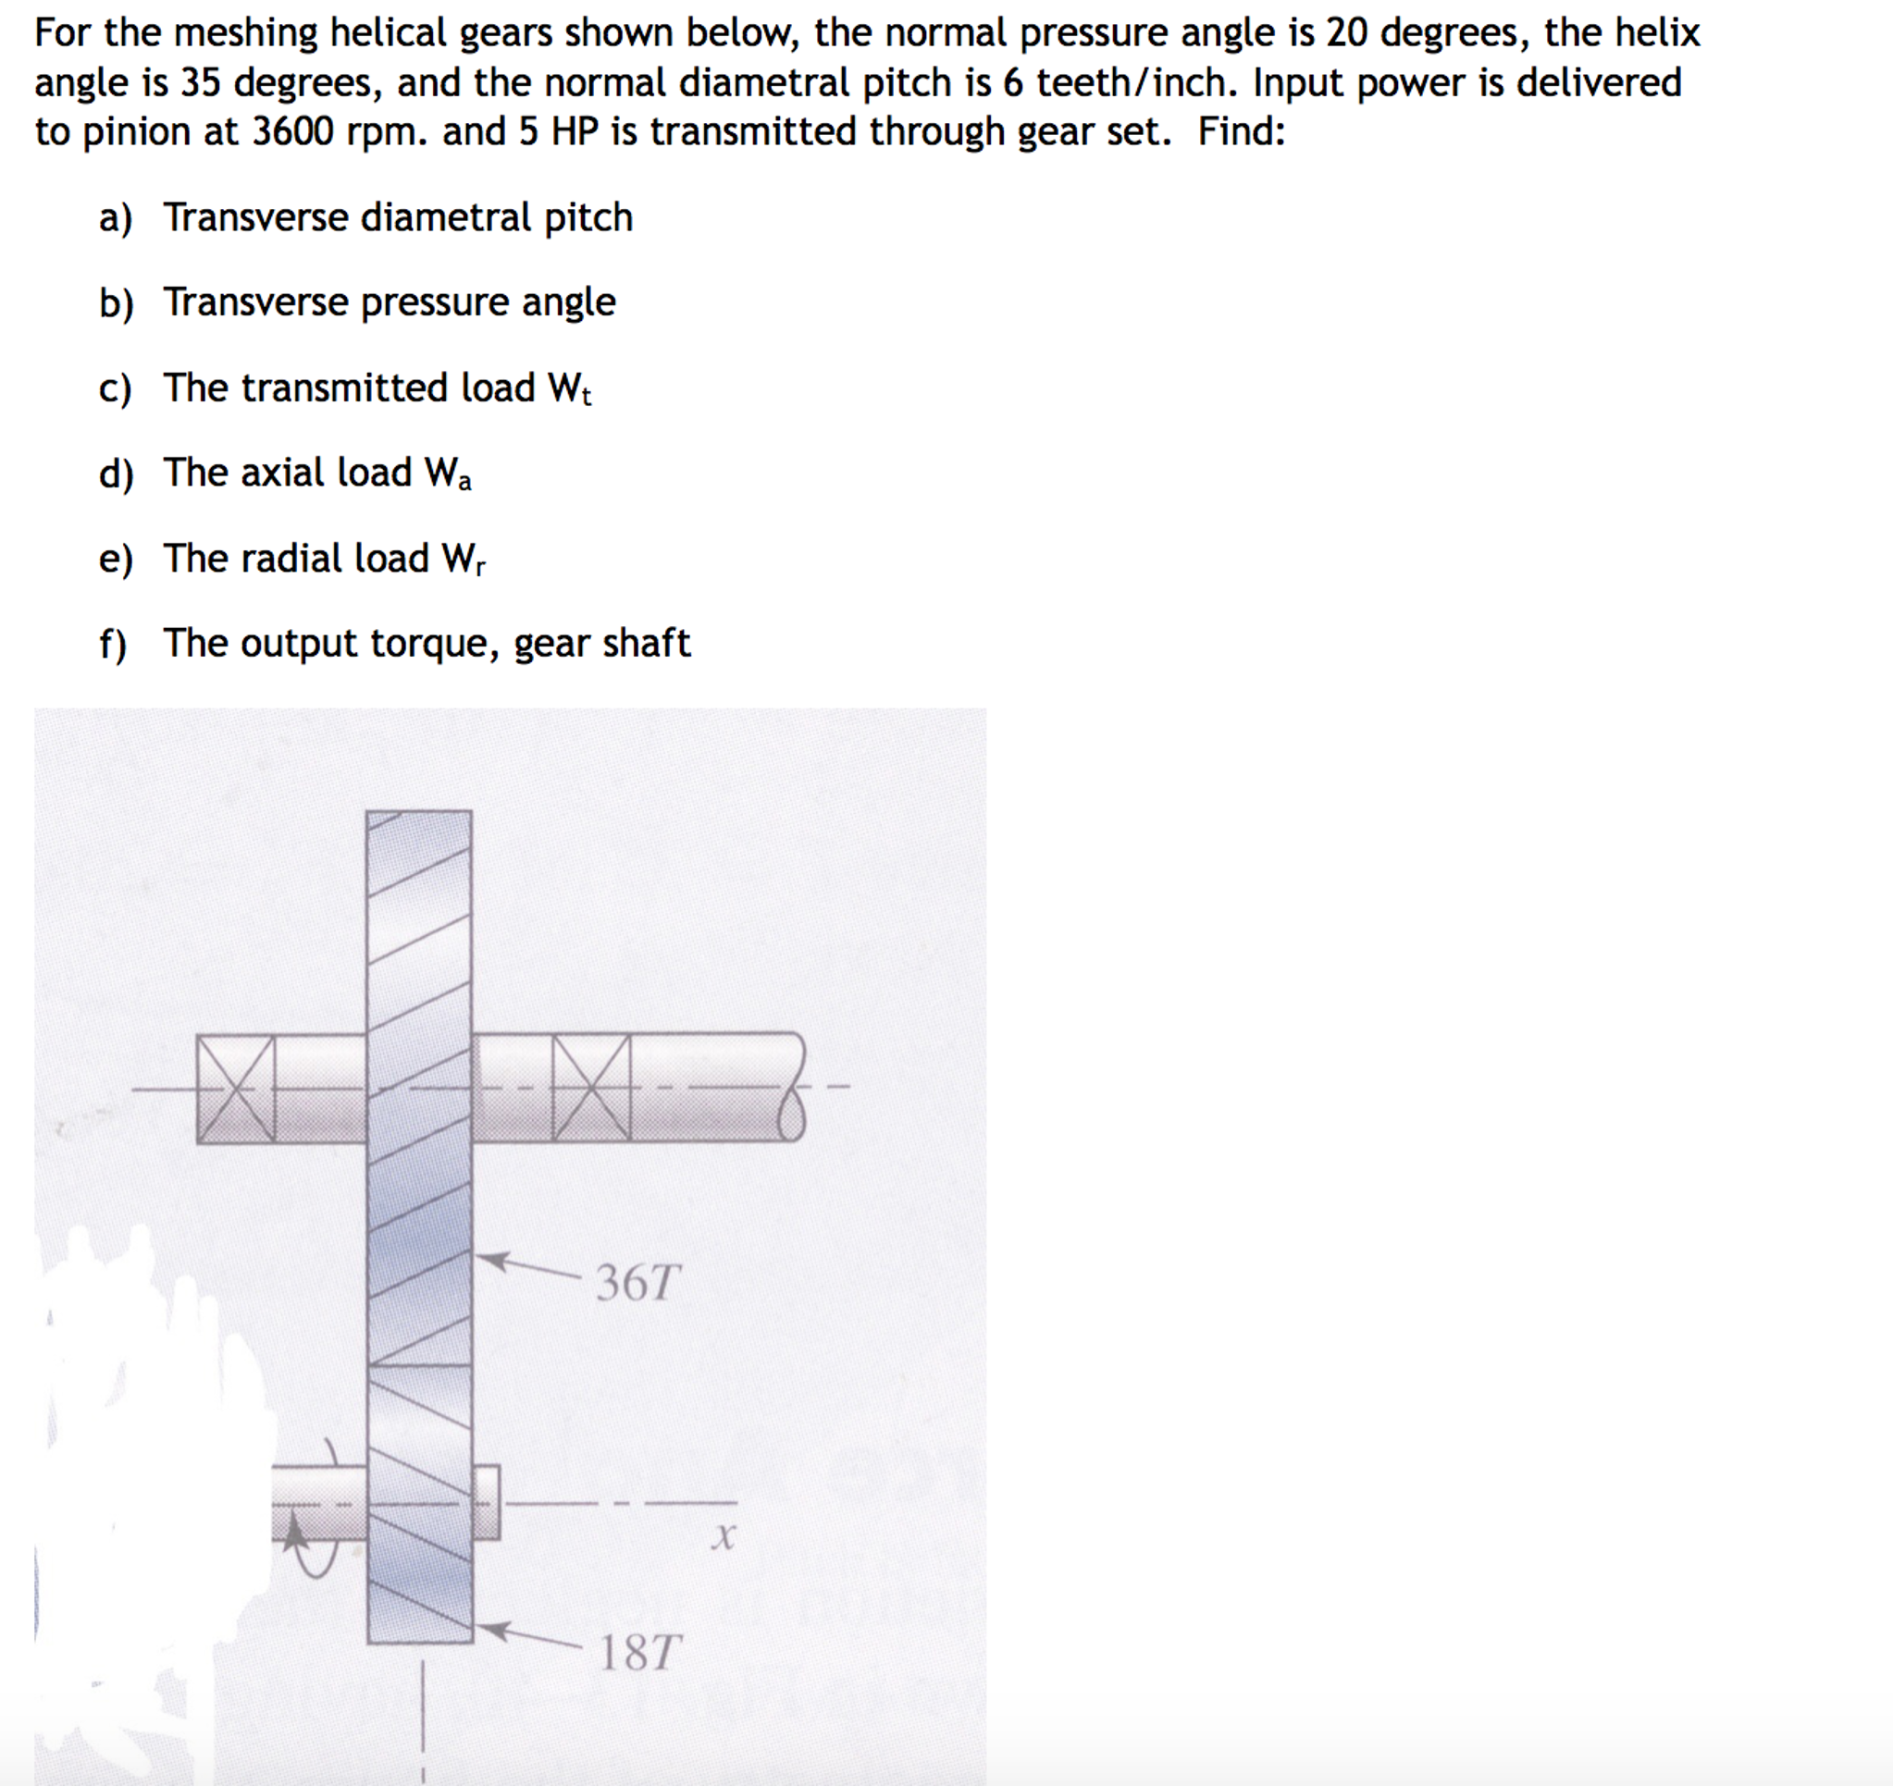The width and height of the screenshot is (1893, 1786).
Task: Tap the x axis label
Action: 723,1534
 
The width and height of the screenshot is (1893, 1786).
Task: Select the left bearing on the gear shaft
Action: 235,1090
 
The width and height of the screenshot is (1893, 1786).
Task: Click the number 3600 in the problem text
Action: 292,131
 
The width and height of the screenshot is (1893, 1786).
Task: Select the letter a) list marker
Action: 115,218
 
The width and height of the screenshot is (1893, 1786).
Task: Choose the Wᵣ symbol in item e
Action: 463,559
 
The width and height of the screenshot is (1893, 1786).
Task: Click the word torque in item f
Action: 434,644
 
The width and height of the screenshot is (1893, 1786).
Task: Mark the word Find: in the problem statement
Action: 1241,131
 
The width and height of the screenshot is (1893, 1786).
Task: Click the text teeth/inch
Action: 1137,82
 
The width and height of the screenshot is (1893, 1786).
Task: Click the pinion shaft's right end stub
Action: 486,1501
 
